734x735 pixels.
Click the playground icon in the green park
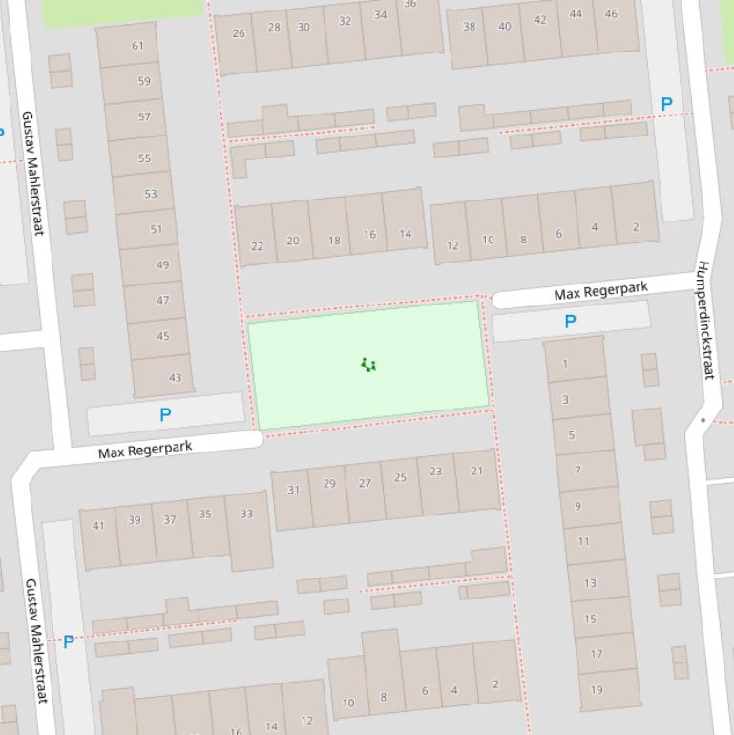click(x=368, y=365)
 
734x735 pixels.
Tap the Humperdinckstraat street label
click(x=705, y=320)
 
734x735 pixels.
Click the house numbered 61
click(x=138, y=45)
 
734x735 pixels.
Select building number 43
click(x=175, y=377)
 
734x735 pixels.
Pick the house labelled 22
click(x=257, y=245)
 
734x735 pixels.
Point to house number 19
click(x=597, y=689)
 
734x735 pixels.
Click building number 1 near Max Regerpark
click(x=566, y=363)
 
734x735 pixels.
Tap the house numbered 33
click(x=246, y=514)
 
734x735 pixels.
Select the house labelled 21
click(x=476, y=471)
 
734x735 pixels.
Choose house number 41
click(x=98, y=525)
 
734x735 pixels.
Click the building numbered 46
click(x=611, y=14)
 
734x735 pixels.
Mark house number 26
click(x=239, y=33)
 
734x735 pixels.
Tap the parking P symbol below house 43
click(x=165, y=415)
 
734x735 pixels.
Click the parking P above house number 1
click(x=570, y=322)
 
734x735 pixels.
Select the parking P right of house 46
click(x=666, y=104)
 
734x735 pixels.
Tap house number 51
click(x=157, y=229)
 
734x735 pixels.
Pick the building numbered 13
click(x=590, y=582)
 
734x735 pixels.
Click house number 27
click(x=365, y=483)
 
